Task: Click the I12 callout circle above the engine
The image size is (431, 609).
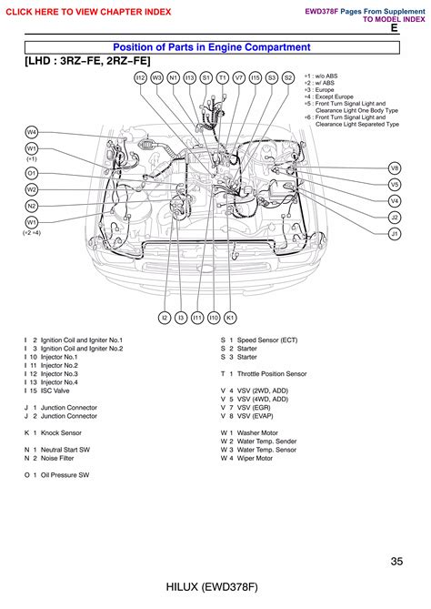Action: (x=140, y=78)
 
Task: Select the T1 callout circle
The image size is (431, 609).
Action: (x=223, y=78)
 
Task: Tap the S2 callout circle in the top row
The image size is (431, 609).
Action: (x=288, y=78)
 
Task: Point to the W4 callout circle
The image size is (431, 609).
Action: (x=32, y=132)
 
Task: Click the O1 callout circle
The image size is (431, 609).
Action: (x=32, y=172)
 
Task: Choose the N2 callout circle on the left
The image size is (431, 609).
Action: (x=32, y=206)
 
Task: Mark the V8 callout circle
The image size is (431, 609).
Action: (x=395, y=168)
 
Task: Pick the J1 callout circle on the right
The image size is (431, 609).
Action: (x=395, y=234)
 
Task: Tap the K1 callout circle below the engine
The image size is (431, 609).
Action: (x=230, y=318)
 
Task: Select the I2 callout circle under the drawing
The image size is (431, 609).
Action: (x=165, y=318)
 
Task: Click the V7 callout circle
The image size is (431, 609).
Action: (x=239, y=78)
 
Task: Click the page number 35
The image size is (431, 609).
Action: (x=396, y=562)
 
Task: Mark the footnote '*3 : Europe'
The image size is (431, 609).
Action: (x=320, y=90)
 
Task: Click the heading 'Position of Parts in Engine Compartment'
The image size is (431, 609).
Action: (x=210, y=46)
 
